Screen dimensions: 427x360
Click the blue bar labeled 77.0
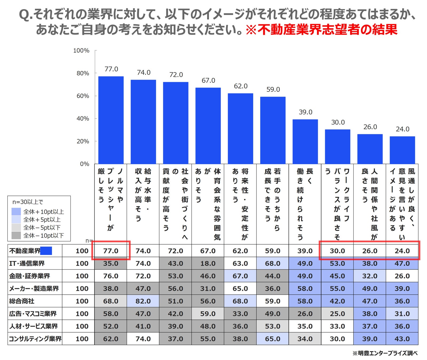tap(111, 120)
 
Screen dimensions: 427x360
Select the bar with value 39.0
tap(305, 142)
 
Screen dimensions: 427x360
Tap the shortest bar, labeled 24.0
tap(402, 150)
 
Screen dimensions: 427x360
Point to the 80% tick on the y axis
tap(96, 73)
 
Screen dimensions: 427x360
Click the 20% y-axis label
tap(83, 141)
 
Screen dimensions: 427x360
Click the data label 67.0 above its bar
tap(208, 81)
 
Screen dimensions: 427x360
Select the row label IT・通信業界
tap(27, 263)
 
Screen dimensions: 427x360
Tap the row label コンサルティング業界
tap(35, 339)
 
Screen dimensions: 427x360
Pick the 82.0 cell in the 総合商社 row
tap(143, 301)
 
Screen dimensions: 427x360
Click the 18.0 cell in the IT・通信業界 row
tap(208, 263)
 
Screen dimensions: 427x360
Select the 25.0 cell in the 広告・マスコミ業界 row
tap(337, 314)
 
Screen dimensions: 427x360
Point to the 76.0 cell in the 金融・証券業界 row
tap(111, 276)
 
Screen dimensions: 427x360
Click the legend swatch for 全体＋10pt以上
tap(16, 212)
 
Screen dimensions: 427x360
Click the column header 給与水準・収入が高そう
tap(143, 195)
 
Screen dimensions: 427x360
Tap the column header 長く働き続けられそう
tap(305, 204)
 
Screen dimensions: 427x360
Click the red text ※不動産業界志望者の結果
tap(321, 30)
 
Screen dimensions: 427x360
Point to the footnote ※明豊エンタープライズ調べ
tap(385, 353)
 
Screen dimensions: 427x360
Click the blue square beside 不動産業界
tap(46, 251)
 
